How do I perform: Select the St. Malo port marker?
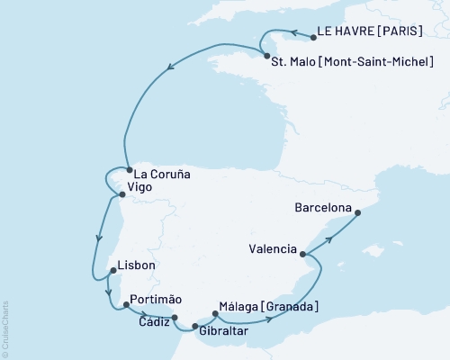click(265, 56)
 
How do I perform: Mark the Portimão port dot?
click(125, 306)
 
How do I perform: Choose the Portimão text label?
click(156, 299)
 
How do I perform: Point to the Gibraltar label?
click(223, 332)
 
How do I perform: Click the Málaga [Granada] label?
click(268, 308)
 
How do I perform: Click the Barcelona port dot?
click(357, 213)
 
